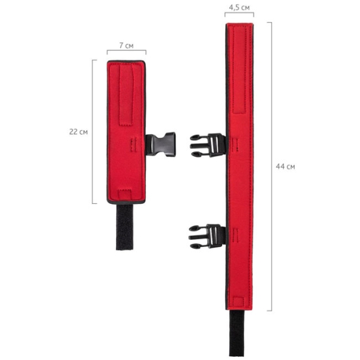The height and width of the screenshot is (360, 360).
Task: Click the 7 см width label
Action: tap(126, 46)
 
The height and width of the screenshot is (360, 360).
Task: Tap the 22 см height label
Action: tap(78, 132)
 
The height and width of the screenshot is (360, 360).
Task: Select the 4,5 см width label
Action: tap(239, 8)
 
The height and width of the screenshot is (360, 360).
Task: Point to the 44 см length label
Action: tap(285, 166)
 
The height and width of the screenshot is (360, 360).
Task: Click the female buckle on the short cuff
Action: tap(161, 144)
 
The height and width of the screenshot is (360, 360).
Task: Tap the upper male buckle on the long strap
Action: tap(208, 145)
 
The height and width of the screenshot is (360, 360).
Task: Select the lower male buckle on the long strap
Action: tap(207, 237)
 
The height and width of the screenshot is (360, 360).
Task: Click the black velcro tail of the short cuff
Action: tap(124, 227)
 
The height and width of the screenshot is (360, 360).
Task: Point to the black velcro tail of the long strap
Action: tap(237, 333)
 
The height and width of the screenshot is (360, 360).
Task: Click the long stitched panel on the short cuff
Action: tap(127, 94)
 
